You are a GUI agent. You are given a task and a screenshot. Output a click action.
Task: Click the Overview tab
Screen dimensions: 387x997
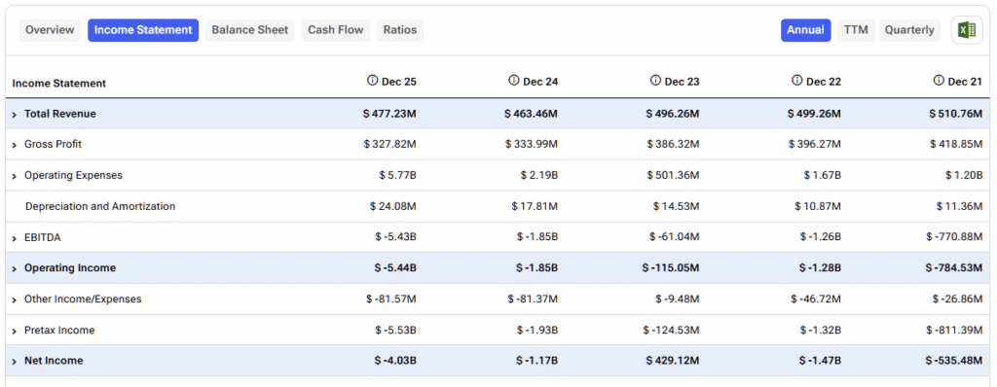(x=50, y=30)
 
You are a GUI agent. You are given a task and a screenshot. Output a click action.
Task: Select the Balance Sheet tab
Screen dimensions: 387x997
(x=250, y=30)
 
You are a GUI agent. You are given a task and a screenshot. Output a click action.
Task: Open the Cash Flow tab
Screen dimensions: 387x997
(x=336, y=30)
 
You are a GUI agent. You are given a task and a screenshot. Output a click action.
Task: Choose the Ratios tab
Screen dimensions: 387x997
(x=400, y=30)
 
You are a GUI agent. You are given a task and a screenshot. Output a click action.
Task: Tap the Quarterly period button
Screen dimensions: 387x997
(x=909, y=30)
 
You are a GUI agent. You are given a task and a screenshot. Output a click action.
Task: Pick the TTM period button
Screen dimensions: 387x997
(x=856, y=30)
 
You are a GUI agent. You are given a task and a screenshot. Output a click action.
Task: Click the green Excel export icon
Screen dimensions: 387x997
(x=967, y=30)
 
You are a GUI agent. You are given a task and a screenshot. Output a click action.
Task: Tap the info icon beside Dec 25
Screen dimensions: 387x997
(x=372, y=81)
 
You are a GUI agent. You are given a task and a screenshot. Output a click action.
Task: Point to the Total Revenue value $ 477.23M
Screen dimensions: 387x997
(x=389, y=114)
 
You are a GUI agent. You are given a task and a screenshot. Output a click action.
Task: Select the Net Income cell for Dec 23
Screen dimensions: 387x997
(x=672, y=361)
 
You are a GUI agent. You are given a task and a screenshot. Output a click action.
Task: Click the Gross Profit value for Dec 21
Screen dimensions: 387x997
(x=955, y=144)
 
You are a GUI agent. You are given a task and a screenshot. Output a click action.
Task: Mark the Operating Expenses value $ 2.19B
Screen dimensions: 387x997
(x=538, y=175)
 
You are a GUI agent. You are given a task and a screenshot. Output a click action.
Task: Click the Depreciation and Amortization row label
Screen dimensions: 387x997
(x=100, y=206)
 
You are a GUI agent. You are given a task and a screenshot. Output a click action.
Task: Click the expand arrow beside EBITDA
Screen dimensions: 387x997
(x=15, y=237)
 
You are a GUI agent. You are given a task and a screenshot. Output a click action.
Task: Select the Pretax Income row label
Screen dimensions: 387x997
(x=59, y=330)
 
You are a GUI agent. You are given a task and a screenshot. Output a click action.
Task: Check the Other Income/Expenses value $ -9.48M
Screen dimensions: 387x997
(x=673, y=299)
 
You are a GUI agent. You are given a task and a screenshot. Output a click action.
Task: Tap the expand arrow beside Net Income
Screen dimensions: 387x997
(x=15, y=361)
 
